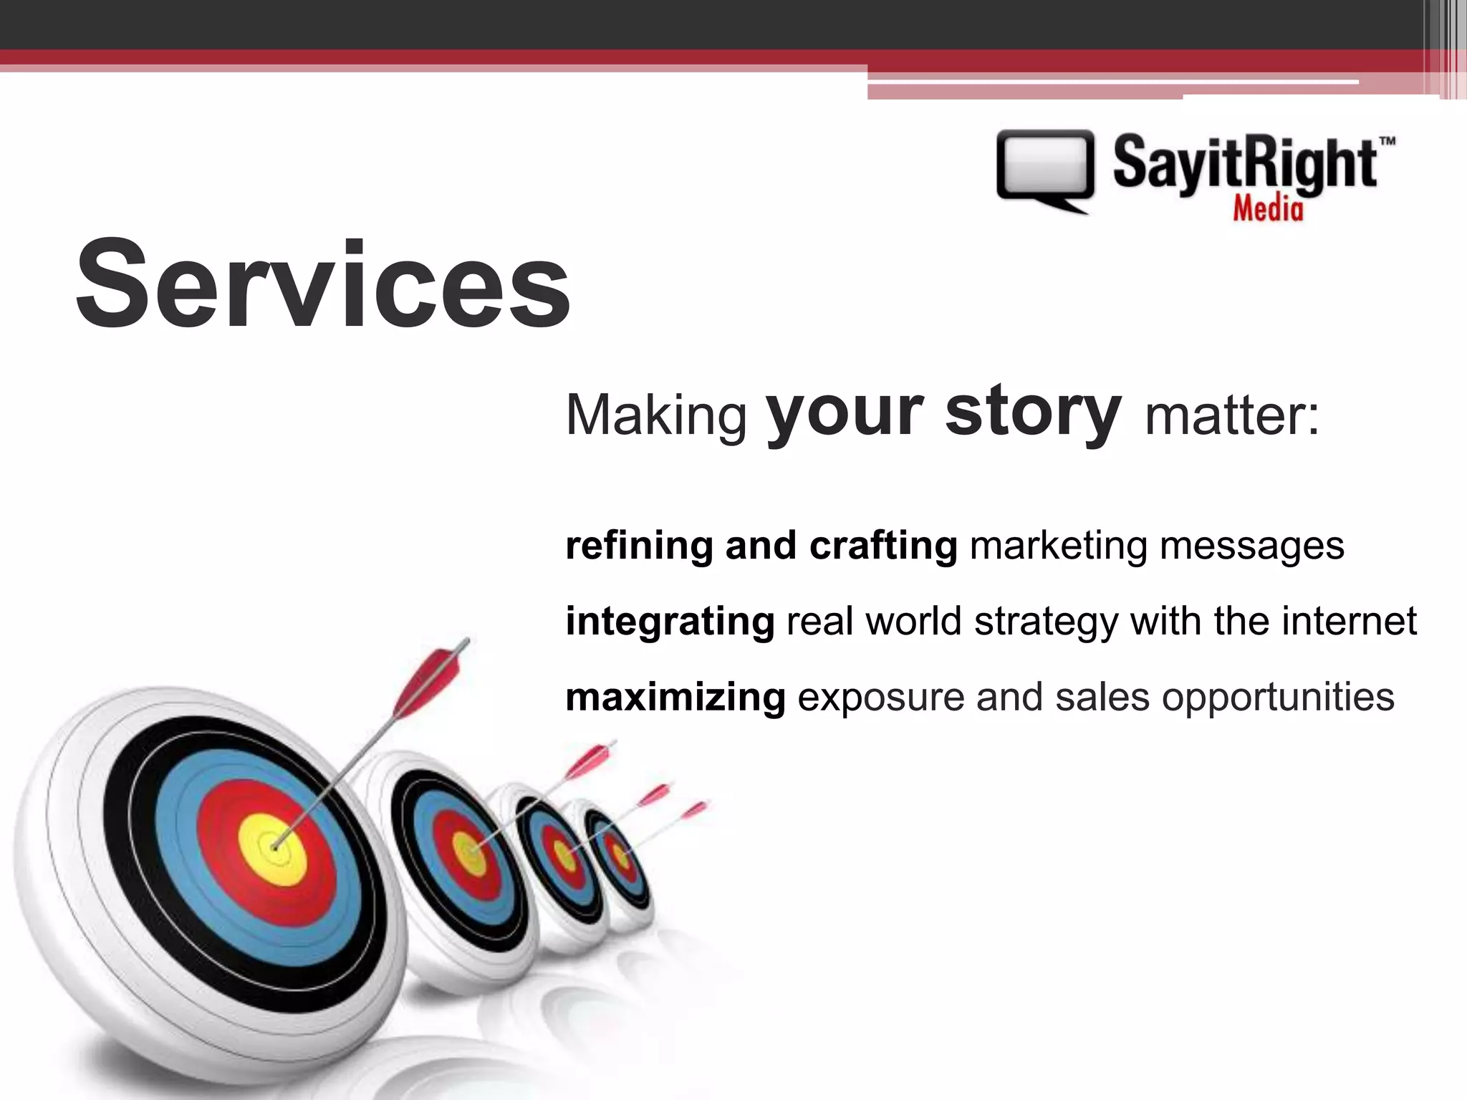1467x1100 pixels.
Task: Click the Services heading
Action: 322,285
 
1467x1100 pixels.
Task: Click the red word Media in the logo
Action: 1267,208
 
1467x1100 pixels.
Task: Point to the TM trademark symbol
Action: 1387,142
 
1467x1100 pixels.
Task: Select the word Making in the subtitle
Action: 655,415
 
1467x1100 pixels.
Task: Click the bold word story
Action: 1032,412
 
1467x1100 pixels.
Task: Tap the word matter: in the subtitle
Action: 1231,415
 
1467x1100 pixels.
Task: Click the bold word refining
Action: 639,546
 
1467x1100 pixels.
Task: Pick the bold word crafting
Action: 882,546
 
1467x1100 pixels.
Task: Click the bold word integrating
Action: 670,622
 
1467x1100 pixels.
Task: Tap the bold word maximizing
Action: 675,697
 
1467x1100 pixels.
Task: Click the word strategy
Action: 1045,622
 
